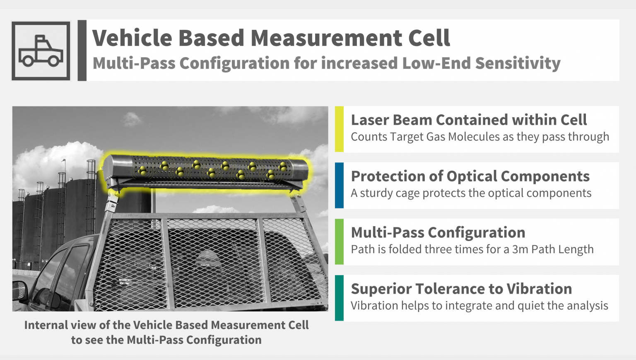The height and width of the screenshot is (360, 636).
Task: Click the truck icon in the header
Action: pos(41,51)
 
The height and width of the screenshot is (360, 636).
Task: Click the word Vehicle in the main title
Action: pos(132,38)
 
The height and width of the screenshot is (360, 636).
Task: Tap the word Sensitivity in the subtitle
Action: pos(518,63)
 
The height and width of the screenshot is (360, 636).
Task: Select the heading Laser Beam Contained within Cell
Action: pos(469,120)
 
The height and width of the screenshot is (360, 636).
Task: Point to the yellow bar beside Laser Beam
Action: pos(339,129)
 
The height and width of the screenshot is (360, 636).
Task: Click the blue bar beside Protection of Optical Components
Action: pos(339,185)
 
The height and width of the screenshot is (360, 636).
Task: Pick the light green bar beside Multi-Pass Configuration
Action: pos(339,242)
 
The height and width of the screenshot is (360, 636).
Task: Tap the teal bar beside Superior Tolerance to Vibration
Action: pos(339,298)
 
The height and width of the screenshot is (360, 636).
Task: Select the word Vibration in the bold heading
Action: pos(539,289)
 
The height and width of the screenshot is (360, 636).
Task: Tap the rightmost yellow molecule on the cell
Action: pos(283,167)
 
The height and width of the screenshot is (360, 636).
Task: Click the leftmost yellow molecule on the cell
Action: pos(142,171)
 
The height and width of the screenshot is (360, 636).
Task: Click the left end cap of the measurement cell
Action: pos(109,168)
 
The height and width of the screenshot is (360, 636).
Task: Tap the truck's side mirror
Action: pos(20,290)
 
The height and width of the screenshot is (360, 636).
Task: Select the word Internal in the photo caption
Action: pos(46,325)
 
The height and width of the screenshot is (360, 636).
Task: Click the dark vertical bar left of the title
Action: pos(82,50)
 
